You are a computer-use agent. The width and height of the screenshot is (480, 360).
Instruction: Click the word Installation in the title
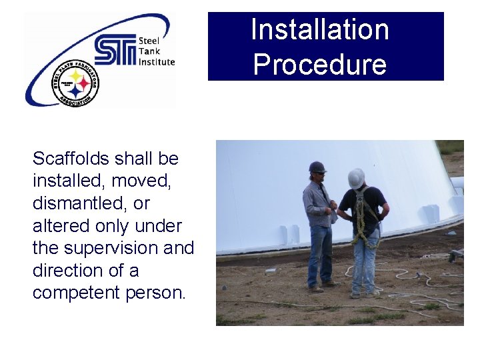click(319, 30)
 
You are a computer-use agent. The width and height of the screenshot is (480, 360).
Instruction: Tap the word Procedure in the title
click(319, 65)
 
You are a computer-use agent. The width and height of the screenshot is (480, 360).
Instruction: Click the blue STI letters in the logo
click(115, 50)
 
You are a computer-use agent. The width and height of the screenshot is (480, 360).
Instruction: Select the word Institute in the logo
click(157, 62)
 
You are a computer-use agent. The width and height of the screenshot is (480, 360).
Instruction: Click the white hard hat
click(357, 177)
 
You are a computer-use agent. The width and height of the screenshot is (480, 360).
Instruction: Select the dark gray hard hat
click(317, 167)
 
